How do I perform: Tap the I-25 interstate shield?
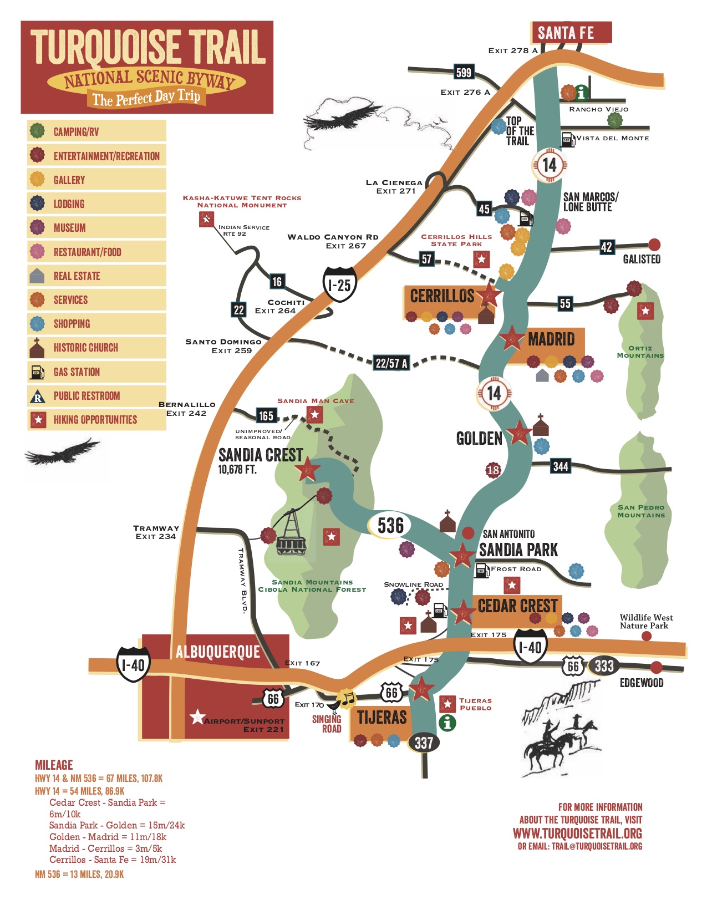(339, 286)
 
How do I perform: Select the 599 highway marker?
(463, 73)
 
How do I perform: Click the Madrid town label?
(551, 339)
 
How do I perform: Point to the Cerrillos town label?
(442, 296)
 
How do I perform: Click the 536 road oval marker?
(390, 525)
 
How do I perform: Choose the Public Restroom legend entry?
(86, 396)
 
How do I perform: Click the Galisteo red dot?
(654, 245)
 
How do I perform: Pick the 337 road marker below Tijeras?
(424, 743)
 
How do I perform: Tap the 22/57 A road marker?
(391, 363)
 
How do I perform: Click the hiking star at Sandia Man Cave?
(315, 414)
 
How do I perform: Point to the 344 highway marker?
(561, 466)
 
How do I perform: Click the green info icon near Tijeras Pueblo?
(447, 723)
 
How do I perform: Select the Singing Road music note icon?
(346, 700)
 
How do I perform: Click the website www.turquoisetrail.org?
(577, 833)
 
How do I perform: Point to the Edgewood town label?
(641, 683)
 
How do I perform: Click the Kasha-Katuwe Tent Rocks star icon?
(206, 220)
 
